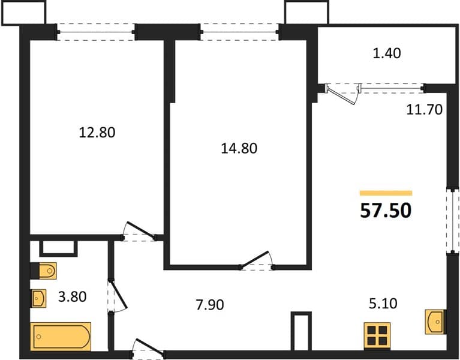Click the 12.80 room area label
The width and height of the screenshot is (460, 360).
[97, 133]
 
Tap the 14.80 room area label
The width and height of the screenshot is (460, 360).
[239, 148]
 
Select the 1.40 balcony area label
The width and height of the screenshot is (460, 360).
[387, 53]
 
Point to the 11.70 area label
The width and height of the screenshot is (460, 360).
[425, 109]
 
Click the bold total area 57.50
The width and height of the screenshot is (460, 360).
[386, 211]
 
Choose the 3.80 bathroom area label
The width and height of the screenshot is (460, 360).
[72, 296]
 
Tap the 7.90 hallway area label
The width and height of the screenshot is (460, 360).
[210, 305]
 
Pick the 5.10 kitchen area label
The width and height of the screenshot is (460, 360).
[383, 304]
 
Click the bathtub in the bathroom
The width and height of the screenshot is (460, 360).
[61, 337]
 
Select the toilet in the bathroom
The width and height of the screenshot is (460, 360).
[44, 271]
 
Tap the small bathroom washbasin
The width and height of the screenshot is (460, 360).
[38, 298]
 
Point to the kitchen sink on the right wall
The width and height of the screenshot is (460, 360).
[435, 322]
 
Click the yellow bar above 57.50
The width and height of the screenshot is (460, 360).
[386, 193]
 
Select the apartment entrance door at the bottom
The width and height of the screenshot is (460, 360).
[148, 349]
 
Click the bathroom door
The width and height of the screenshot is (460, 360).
[116, 296]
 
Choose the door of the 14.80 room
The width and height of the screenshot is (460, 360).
[257, 261]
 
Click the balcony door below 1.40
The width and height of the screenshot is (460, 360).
[342, 94]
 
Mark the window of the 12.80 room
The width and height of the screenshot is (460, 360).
[95, 32]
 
